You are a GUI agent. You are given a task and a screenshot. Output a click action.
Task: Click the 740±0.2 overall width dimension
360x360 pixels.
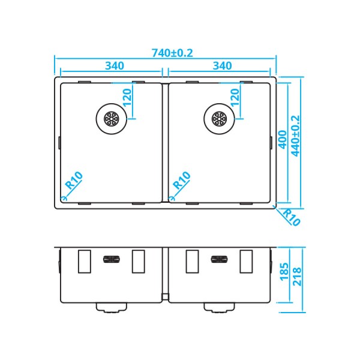172,53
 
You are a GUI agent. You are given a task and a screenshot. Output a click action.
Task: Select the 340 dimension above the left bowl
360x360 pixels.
115,66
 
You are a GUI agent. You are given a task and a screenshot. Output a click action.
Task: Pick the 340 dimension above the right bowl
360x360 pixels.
222,66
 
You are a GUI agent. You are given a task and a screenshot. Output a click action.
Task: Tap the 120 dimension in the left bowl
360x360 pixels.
127,98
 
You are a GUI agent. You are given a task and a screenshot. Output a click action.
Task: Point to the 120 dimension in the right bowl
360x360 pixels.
235,98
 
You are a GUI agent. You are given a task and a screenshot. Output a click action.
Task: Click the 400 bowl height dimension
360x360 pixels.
283,140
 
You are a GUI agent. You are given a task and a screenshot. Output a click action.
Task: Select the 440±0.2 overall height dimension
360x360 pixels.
295,136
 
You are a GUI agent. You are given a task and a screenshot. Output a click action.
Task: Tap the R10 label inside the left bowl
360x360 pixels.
74,180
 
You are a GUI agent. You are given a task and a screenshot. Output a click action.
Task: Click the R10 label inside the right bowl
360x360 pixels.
182,180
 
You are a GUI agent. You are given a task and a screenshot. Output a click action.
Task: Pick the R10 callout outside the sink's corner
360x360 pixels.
291,217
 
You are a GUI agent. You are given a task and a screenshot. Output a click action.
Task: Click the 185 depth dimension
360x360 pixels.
284,272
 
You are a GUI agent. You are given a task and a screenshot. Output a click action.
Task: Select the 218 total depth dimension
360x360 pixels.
297,277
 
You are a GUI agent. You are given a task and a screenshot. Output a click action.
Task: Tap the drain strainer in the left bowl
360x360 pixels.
112,119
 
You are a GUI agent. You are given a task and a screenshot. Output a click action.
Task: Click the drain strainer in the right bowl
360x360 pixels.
219,119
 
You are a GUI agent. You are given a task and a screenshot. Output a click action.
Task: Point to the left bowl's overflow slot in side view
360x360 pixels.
112,259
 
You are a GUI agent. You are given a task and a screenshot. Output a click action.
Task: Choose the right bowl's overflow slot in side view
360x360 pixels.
219,259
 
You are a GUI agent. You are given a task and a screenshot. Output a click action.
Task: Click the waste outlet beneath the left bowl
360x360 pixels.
112,308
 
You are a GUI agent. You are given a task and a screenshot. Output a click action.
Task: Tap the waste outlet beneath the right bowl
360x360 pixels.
219,308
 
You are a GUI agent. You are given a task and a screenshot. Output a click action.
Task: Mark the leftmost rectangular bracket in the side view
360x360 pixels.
85,262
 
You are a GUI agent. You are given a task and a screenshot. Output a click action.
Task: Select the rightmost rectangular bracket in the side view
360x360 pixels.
246,262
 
